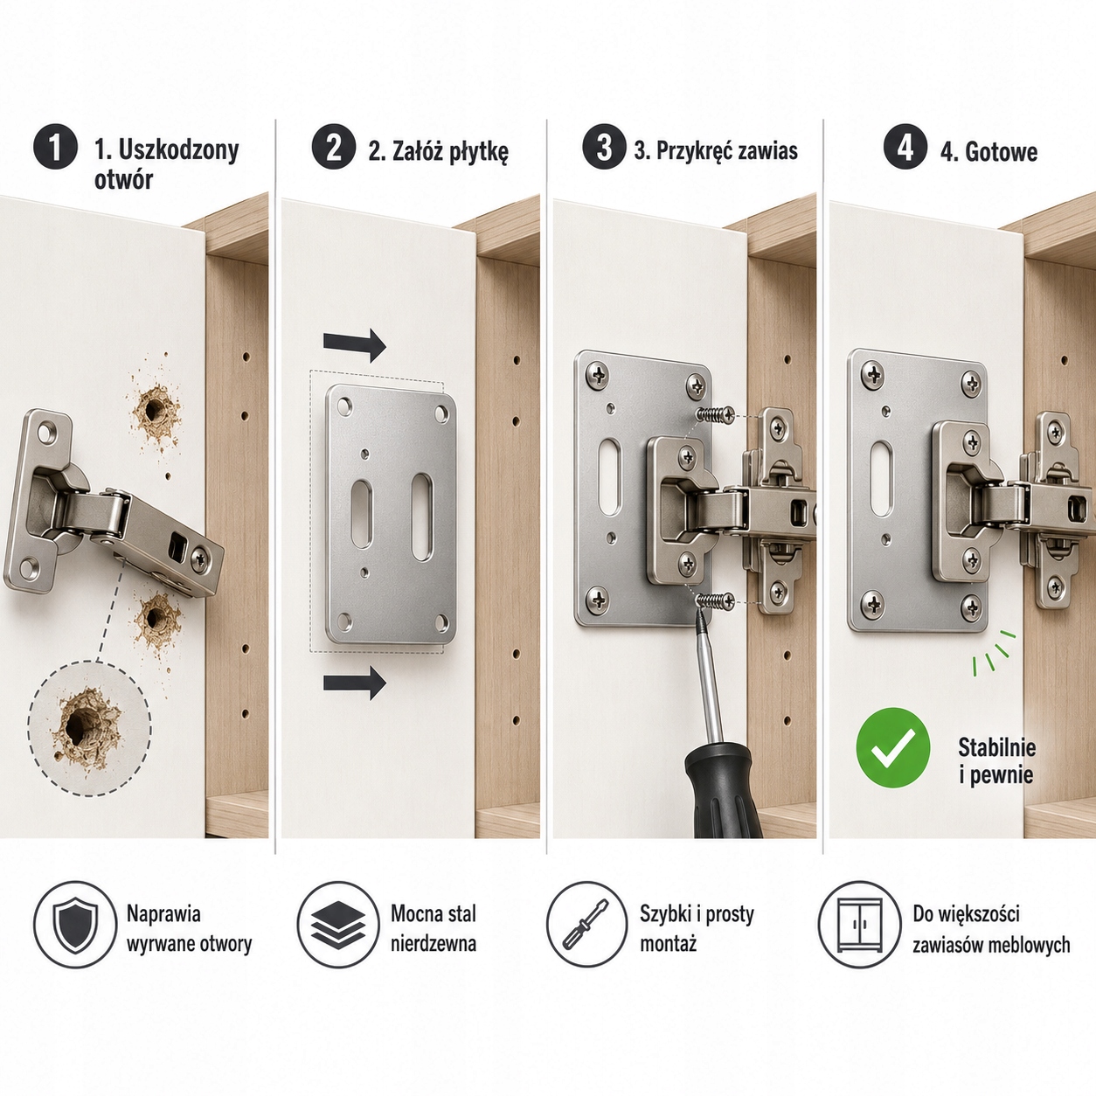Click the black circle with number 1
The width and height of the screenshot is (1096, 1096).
pos(55,147)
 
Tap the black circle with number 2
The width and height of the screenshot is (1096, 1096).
pos(333,147)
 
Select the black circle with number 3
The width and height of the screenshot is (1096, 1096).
pos(604,147)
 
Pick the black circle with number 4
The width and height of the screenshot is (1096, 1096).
pos(905,147)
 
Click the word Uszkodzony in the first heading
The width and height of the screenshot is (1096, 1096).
pos(178,151)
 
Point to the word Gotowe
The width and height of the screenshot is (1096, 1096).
pos(1002,152)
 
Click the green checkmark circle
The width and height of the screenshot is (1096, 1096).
pos(893,747)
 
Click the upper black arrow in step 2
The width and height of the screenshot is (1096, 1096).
pos(355,344)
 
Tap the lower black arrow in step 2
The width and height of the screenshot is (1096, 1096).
pos(355,683)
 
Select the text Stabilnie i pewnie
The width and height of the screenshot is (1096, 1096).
pos(996,761)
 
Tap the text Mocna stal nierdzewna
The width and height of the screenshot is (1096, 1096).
pos(434,928)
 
